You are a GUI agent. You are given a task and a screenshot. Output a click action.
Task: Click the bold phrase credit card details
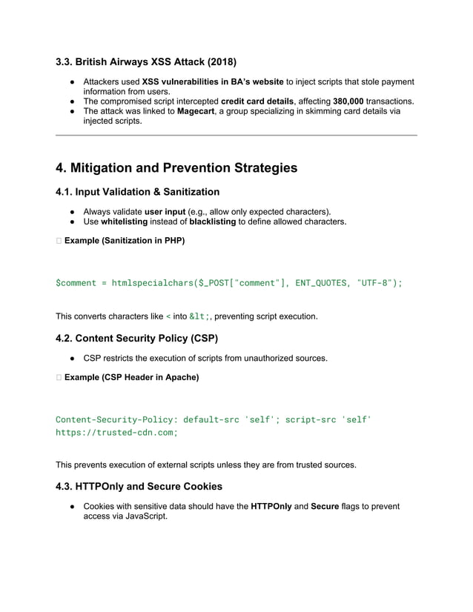coord(262,101)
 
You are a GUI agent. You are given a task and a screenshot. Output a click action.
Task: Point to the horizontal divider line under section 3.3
coord(236,135)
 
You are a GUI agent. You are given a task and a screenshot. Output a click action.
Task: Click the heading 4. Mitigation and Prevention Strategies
coord(176,168)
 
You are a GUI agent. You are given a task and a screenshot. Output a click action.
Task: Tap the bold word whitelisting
coord(124,222)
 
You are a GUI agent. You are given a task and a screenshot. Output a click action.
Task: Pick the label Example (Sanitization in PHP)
coord(125,241)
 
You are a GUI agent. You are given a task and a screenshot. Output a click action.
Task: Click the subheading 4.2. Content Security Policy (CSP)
coord(137,339)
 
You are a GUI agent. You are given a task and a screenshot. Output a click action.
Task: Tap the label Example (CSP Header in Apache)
coord(131,378)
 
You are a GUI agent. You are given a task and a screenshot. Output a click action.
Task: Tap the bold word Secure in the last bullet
coord(325,507)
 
